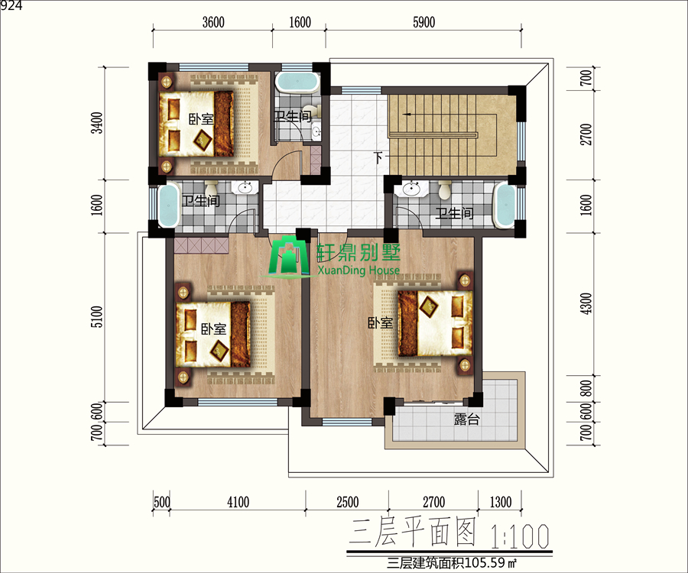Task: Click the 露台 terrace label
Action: tap(466, 419)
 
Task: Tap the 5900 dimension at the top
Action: tap(424, 22)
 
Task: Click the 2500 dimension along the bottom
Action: tap(348, 502)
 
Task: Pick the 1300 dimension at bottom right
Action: tap(500, 502)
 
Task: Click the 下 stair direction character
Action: tap(379, 157)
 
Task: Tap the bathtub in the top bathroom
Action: tap(297, 83)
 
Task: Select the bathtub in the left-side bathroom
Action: tap(168, 206)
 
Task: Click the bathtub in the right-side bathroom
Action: tap(505, 206)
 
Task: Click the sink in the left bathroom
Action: tap(245, 189)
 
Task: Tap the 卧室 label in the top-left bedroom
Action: tap(201, 119)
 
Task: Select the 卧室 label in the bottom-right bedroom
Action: tap(381, 323)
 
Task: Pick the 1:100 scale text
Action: tap(520, 536)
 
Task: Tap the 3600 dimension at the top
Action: tap(213, 22)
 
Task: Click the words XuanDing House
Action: tap(359, 270)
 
